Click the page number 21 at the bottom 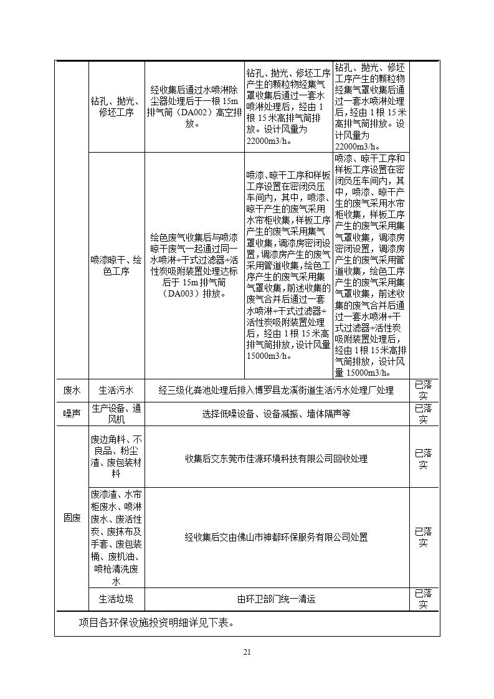247,652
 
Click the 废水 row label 72,391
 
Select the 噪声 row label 72,414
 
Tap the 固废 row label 72,518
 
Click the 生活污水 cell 116,391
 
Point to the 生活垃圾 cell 116,599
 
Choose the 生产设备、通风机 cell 116,414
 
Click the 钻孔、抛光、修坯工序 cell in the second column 116,107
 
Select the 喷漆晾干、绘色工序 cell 116,266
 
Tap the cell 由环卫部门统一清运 277,599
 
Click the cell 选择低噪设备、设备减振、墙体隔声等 277,414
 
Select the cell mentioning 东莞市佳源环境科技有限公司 277,459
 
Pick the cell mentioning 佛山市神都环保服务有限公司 277,536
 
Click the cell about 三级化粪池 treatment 277,391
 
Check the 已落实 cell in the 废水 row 424,391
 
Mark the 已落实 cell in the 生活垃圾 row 424,599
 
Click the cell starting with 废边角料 116,459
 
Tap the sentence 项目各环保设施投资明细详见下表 156,622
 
